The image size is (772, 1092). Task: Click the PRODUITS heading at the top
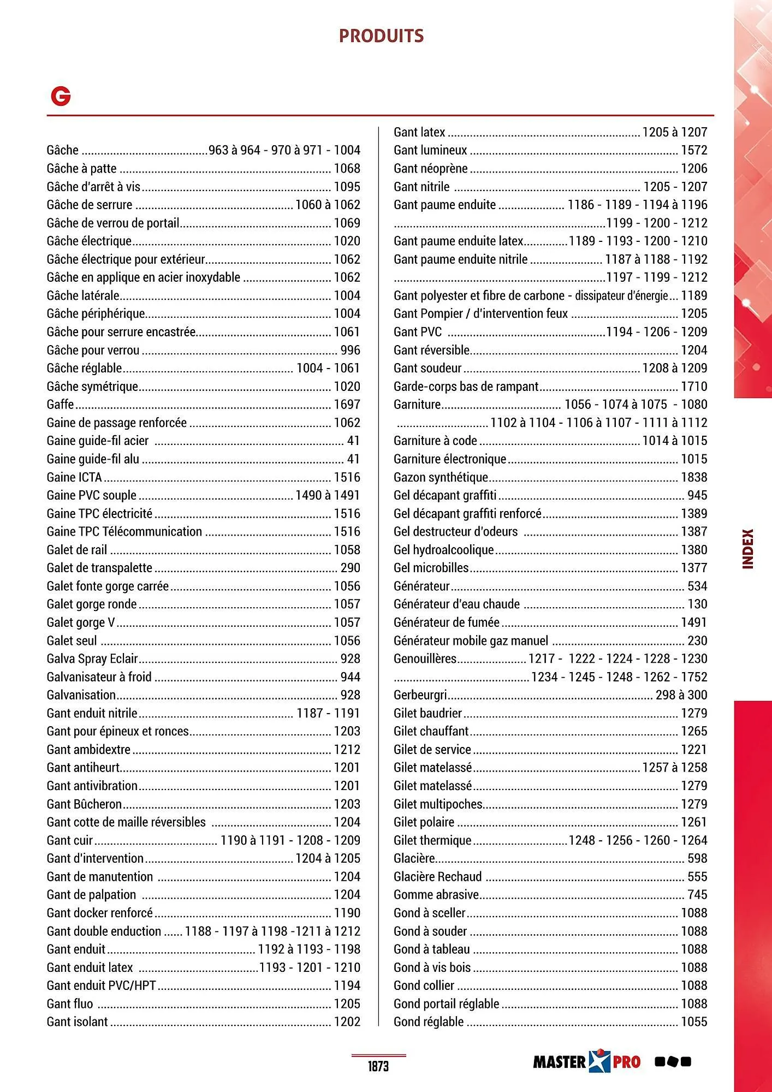click(x=381, y=36)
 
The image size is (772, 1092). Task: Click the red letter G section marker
click(x=61, y=97)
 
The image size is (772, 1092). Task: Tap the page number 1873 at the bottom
click(x=378, y=1066)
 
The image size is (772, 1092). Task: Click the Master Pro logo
click(x=586, y=1061)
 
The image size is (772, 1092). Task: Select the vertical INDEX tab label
click(x=747, y=549)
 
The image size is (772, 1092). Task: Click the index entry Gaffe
click(x=60, y=405)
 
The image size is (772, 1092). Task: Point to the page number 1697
click(x=347, y=405)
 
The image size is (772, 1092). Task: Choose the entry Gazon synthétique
click(x=441, y=477)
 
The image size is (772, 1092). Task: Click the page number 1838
click(x=693, y=477)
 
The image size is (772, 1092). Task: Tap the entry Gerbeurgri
click(x=420, y=695)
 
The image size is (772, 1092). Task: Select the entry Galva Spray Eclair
click(x=92, y=659)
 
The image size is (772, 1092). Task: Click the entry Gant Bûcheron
click(x=84, y=804)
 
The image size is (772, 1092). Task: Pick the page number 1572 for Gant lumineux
click(x=693, y=150)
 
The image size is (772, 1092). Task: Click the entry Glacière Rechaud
click(x=437, y=877)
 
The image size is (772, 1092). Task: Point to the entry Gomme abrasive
click(x=436, y=895)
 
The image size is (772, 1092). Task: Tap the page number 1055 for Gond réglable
click(x=693, y=1022)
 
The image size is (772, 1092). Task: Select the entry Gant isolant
click(x=77, y=1022)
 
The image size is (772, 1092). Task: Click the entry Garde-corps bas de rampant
click(x=466, y=387)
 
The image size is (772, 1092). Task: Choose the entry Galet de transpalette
click(x=99, y=568)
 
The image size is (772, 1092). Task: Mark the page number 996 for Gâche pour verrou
click(x=350, y=350)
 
